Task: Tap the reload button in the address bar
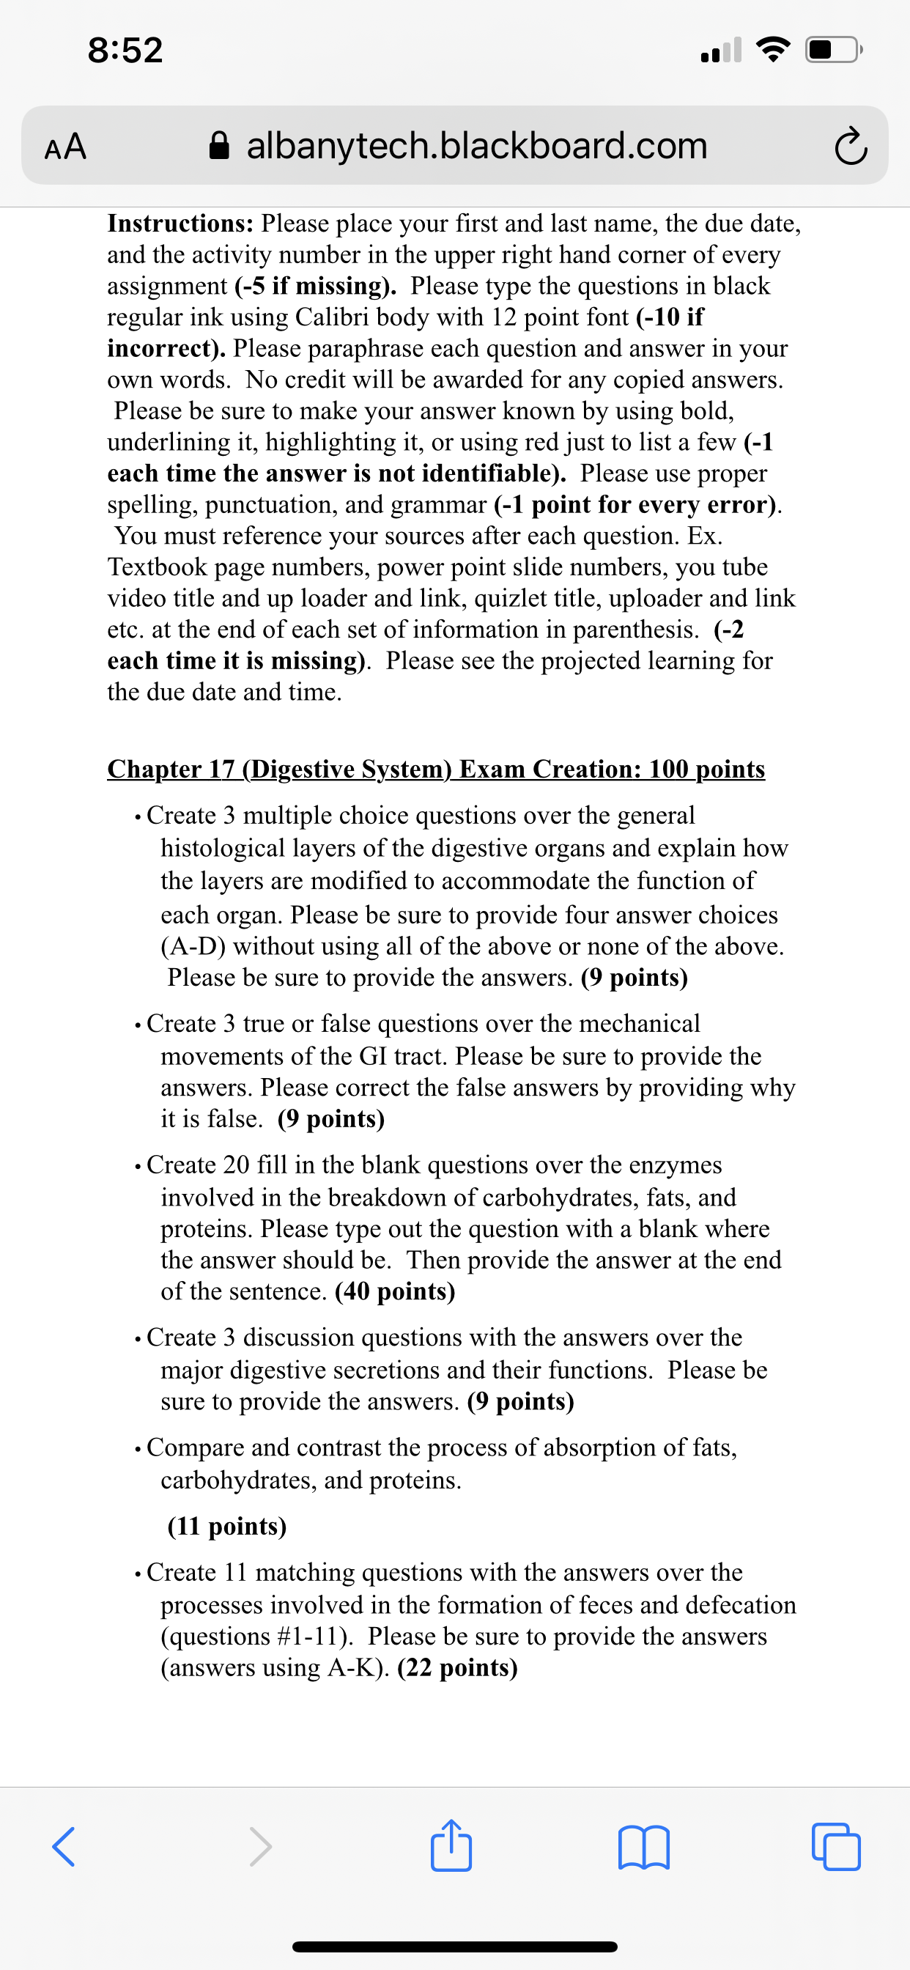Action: [851, 147]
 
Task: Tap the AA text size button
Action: [66, 146]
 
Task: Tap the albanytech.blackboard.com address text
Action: [476, 145]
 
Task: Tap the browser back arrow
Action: [64, 1847]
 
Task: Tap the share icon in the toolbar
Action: [451, 1845]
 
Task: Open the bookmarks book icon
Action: [643, 1847]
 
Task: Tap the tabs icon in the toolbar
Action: [836, 1847]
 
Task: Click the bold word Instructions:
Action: [180, 224]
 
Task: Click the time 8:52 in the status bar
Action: [125, 51]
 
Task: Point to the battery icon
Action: [834, 51]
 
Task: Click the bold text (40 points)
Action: [395, 1291]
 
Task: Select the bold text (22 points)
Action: [457, 1668]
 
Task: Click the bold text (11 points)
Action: [227, 1527]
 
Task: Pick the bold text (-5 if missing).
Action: [315, 286]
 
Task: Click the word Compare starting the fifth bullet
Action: [195, 1447]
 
